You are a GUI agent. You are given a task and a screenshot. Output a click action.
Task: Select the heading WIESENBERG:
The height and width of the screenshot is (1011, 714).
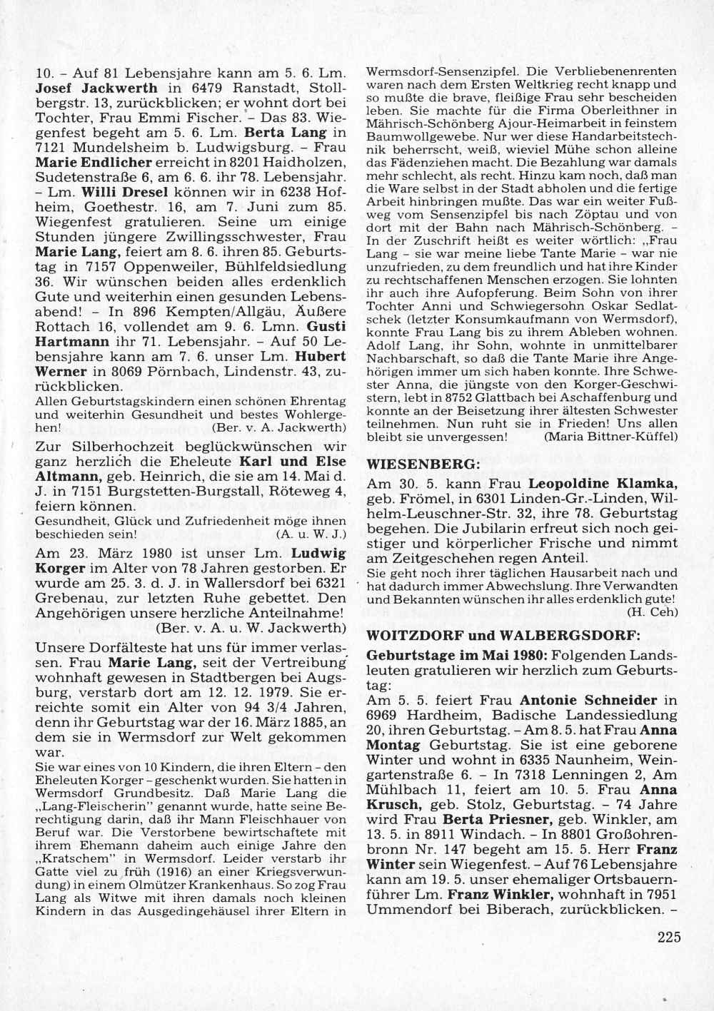423,464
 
